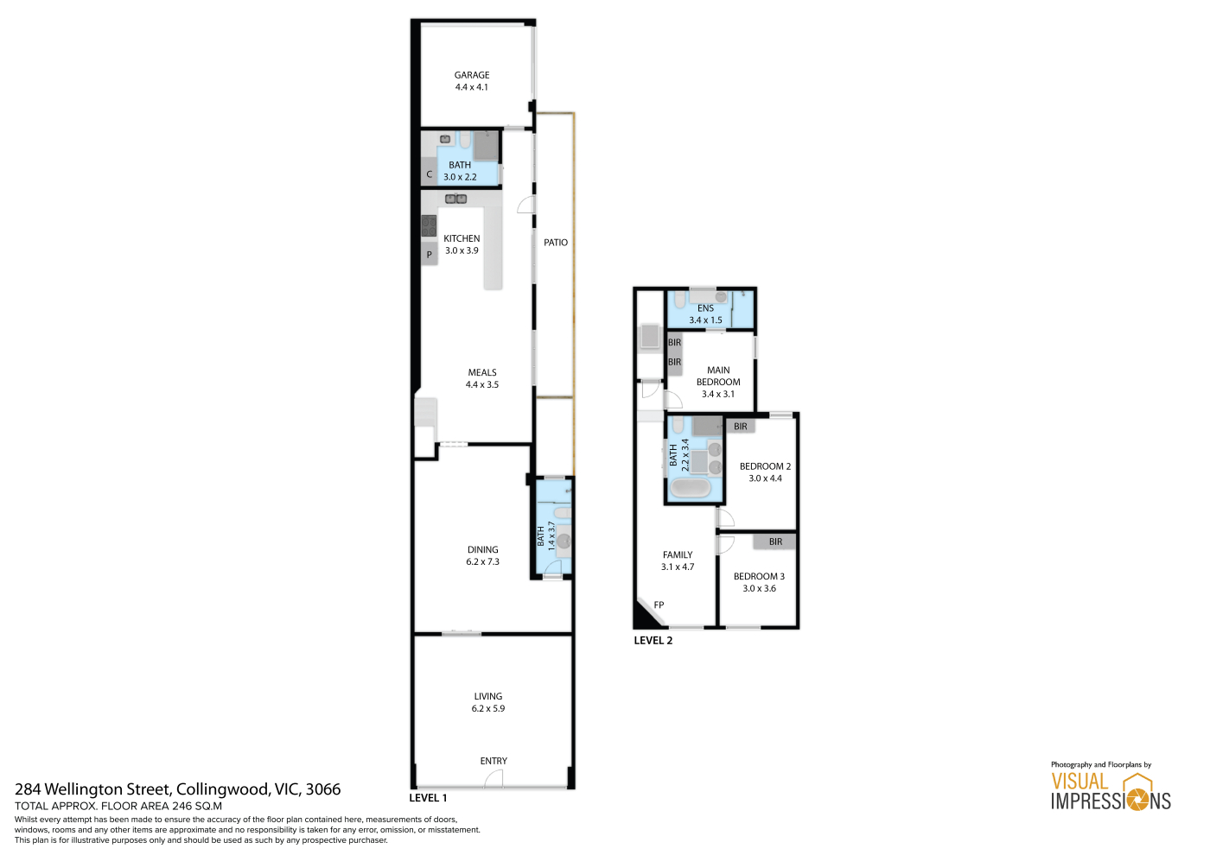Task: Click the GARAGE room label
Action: [x=472, y=75]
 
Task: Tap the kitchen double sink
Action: [x=456, y=199]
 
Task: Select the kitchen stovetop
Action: [x=429, y=226]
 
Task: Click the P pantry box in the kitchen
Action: [x=430, y=254]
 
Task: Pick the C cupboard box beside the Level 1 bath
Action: [x=429, y=174]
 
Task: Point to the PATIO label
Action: [x=555, y=243]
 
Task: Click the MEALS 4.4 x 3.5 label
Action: [x=482, y=378]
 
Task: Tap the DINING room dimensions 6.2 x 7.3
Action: [x=482, y=561]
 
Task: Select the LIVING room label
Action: [x=487, y=696]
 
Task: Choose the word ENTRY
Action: [x=494, y=761]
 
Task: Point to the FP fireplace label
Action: [x=659, y=605]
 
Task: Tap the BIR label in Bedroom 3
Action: [x=775, y=541]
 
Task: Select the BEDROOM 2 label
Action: [x=765, y=465]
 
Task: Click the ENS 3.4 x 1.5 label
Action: [x=705, y=314]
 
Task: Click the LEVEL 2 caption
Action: [x=653, y=641]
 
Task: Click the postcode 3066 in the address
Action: [x=323, y=789]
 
